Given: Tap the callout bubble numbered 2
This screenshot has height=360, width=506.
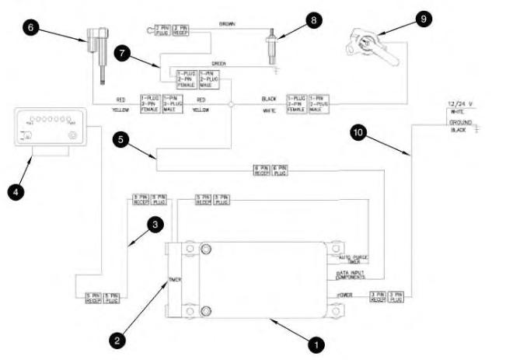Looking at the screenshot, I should [x=117, y=339].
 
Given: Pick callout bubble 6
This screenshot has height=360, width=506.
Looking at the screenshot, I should [x=32, y=27].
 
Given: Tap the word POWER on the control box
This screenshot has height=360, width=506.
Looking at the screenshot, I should [x=347, y=295].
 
